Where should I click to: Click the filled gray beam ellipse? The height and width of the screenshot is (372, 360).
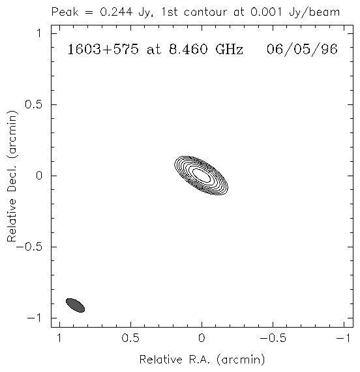[75, 305]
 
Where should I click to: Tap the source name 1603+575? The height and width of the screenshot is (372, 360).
[103, 50]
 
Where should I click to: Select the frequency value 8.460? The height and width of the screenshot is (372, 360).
[188, 50]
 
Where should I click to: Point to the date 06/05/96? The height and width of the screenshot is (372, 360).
[302, 50]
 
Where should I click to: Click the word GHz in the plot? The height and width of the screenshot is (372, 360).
[230, 50]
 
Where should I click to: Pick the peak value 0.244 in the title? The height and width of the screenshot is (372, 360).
[116, 12]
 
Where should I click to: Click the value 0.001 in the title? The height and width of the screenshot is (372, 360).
[266, 12]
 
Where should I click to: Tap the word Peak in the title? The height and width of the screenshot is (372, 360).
[65, 12]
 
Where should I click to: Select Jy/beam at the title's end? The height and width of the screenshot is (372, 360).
[314, 12]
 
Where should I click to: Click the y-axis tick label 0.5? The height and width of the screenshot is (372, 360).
[33, 104]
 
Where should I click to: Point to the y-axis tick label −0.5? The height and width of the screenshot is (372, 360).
[29, 247]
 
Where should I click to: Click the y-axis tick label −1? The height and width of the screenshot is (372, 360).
[35, 318]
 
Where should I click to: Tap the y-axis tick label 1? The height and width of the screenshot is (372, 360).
[39, 33]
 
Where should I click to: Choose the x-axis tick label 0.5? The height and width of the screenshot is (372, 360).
[130, 338]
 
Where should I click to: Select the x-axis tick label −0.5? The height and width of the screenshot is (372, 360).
[273, 338]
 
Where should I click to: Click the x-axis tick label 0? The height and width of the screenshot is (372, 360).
[202, 338]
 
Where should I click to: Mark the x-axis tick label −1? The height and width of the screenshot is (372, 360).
[344, 338]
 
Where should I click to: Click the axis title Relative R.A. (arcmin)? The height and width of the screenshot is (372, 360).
[202, 360]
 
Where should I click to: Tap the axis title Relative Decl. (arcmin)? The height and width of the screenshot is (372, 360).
[12, 176]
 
